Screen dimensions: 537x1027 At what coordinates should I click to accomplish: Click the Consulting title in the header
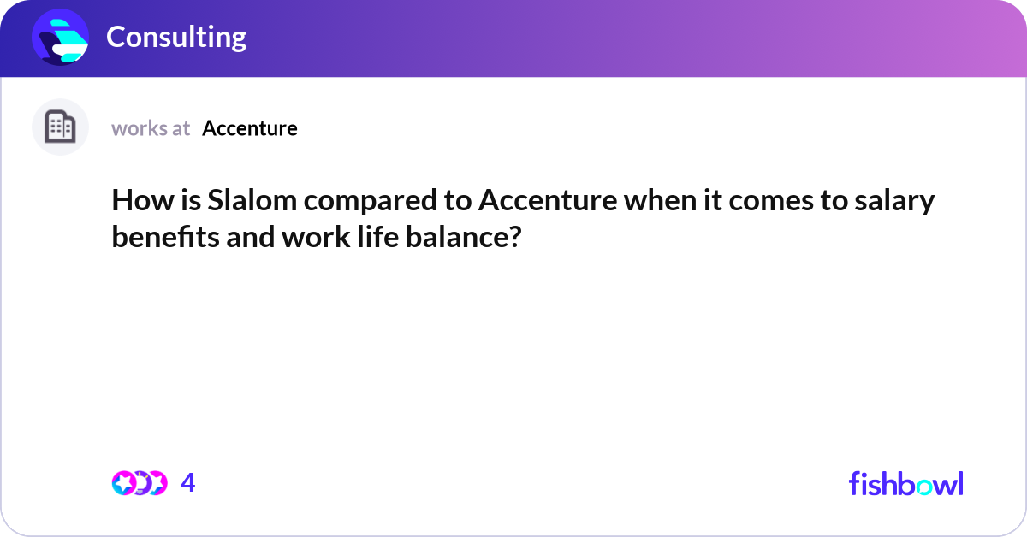click(x=176, y=37)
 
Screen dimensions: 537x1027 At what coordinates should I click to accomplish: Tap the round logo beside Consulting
click(x=61, y=38)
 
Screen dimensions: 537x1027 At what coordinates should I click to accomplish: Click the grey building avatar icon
click(x=60, y=127)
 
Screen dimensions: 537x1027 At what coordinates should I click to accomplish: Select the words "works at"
click(x=151, y=128)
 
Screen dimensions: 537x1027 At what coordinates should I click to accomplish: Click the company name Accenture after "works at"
click(x=250, y=128)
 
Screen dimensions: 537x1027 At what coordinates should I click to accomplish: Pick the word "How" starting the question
click(x=134, y=203)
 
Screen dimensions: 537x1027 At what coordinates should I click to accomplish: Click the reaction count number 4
click(x=188, y=483)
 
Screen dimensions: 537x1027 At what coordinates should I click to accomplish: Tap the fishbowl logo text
click(x=905, y=483)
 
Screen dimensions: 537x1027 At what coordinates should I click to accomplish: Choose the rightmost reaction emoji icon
click(x=157, y=483)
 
